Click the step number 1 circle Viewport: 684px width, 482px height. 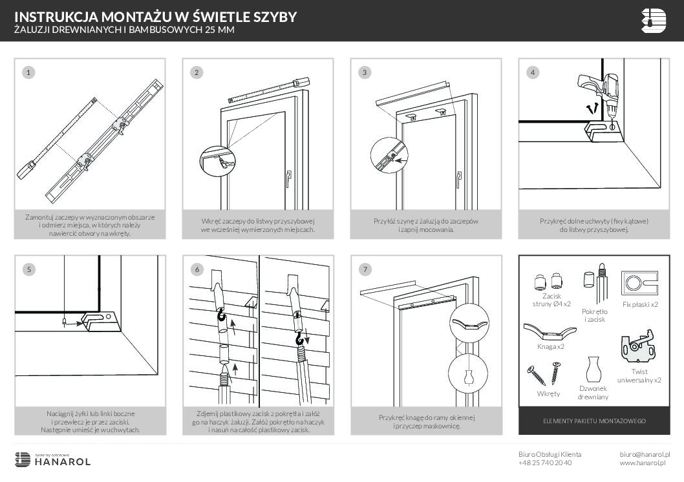click(x=27, y=72)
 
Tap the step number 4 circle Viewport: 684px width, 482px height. click(x=533, y=72)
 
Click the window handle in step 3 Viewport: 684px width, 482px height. click(x=458, y=179)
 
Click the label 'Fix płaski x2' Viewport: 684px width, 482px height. click(x=640, y=304)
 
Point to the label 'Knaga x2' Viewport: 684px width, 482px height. click(x=551, y=346)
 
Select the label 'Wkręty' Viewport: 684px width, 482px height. click(x=548, y=393)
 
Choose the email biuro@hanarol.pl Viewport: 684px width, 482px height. click(x=645, y=454)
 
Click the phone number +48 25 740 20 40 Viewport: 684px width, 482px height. click(x=544, y=463)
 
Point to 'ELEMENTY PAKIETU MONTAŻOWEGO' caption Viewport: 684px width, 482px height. click(x=593, y=421)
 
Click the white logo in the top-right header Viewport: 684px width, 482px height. click(x=653, y=20)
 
